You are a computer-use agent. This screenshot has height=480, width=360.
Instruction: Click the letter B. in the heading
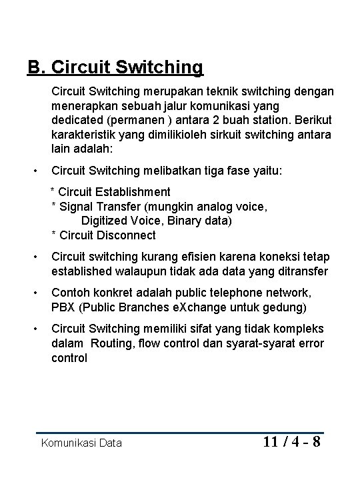(36, 67)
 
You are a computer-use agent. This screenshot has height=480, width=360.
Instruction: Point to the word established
(84, 272)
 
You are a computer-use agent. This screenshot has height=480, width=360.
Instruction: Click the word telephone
(219, 293)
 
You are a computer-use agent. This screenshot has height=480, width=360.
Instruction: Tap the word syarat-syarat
(255, 343)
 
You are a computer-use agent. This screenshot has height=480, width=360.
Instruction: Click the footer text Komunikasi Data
(81, 443)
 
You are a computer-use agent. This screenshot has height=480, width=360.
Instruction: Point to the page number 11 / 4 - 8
(292, 442)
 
